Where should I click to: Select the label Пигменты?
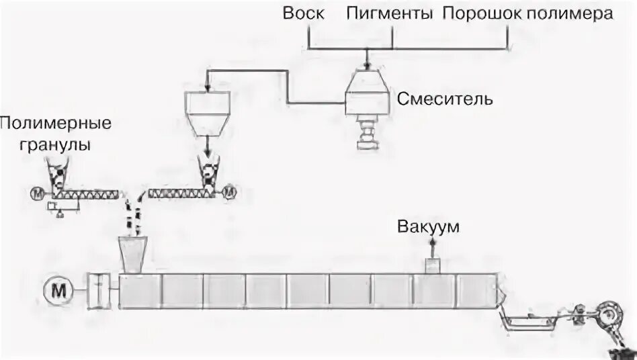pyautogui.click(x=389, y=14)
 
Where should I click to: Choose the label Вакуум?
pyautogui.click(x=428, y=226)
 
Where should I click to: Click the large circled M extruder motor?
pyautogui.click(x=58, y=291)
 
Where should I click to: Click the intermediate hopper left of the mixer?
pyautogui.click(x=207, y=111)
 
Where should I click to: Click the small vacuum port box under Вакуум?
pyautogui.click(x=431, y=265)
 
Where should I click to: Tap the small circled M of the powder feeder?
pyautogui.click(x=230, y=192)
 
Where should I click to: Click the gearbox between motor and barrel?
pyautogui.click(x=100, y=291)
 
